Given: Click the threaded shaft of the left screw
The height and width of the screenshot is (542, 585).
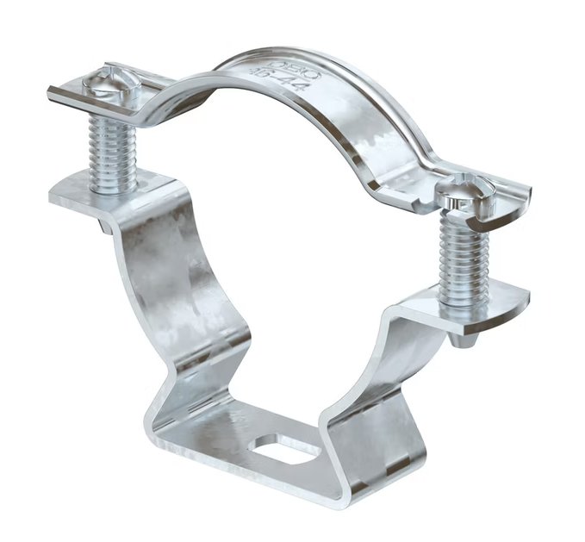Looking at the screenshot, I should (x=112, y=151).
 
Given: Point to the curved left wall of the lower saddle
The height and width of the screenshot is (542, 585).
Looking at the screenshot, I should (x=185, y=284).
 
